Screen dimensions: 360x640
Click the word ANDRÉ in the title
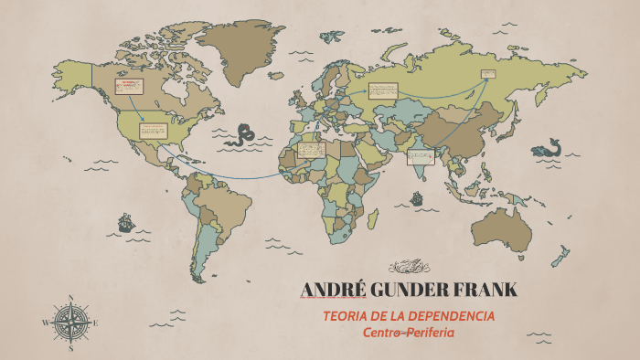[332, 291]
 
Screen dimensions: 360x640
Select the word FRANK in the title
[485, 291]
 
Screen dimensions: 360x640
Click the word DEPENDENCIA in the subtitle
[450, 316]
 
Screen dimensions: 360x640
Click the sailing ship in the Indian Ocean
[417, 197]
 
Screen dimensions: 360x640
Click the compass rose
[70, 323]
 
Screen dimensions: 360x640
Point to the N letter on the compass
[70, 297]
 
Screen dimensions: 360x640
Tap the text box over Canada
[128, 87]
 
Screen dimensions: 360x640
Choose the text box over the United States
[153, 131]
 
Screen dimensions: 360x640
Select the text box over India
[420, 156]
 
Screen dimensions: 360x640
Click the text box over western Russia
[382, 90]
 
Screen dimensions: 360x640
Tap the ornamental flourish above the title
[409, 267]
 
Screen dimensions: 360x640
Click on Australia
[504, 228]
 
